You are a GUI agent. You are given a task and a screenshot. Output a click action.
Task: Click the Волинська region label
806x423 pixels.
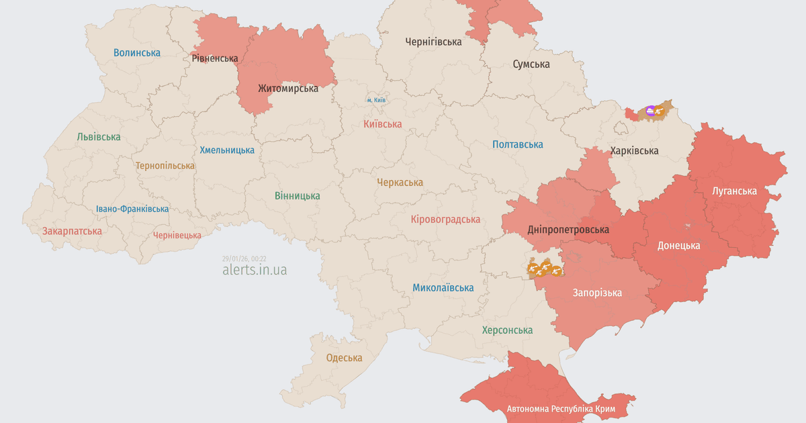coord(137,52)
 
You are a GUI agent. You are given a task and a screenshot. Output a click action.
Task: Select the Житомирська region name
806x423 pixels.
coord(288,88)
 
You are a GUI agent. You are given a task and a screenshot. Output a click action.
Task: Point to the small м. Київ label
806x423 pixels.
coord(376,100)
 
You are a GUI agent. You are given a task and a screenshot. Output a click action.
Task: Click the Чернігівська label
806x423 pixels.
coord(433,42)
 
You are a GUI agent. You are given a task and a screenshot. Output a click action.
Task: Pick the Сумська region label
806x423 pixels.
coord(531,64)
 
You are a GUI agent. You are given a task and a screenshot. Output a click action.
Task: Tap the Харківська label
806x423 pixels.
coord(634,150)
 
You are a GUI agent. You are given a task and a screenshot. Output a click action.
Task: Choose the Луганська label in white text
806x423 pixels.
coord(734,191)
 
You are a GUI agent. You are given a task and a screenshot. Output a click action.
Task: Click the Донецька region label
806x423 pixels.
coord(678,245)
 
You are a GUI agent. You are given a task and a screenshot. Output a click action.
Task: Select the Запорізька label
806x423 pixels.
coord(597,293)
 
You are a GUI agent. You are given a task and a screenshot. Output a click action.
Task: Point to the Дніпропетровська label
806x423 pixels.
coord(568,230)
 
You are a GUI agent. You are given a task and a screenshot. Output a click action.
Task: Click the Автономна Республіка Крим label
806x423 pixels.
coord(564,408)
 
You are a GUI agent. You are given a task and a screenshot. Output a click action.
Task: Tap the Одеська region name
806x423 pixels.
coord(344,358)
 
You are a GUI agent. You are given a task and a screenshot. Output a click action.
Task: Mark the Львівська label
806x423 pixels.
coord(99,137)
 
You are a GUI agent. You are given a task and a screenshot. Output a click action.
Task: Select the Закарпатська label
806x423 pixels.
coord(72,231)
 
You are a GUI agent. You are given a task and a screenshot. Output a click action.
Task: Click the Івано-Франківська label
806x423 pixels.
coord(132,209)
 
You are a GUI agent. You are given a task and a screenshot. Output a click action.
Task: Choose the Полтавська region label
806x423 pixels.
coord(517,144)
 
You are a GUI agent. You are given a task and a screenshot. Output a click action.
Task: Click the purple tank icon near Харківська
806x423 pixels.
coord(650,110)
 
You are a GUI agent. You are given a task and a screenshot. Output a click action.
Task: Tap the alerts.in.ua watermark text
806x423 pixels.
coord(255,270)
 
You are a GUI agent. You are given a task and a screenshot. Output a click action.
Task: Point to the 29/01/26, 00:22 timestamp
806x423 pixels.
coord(244,258)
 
